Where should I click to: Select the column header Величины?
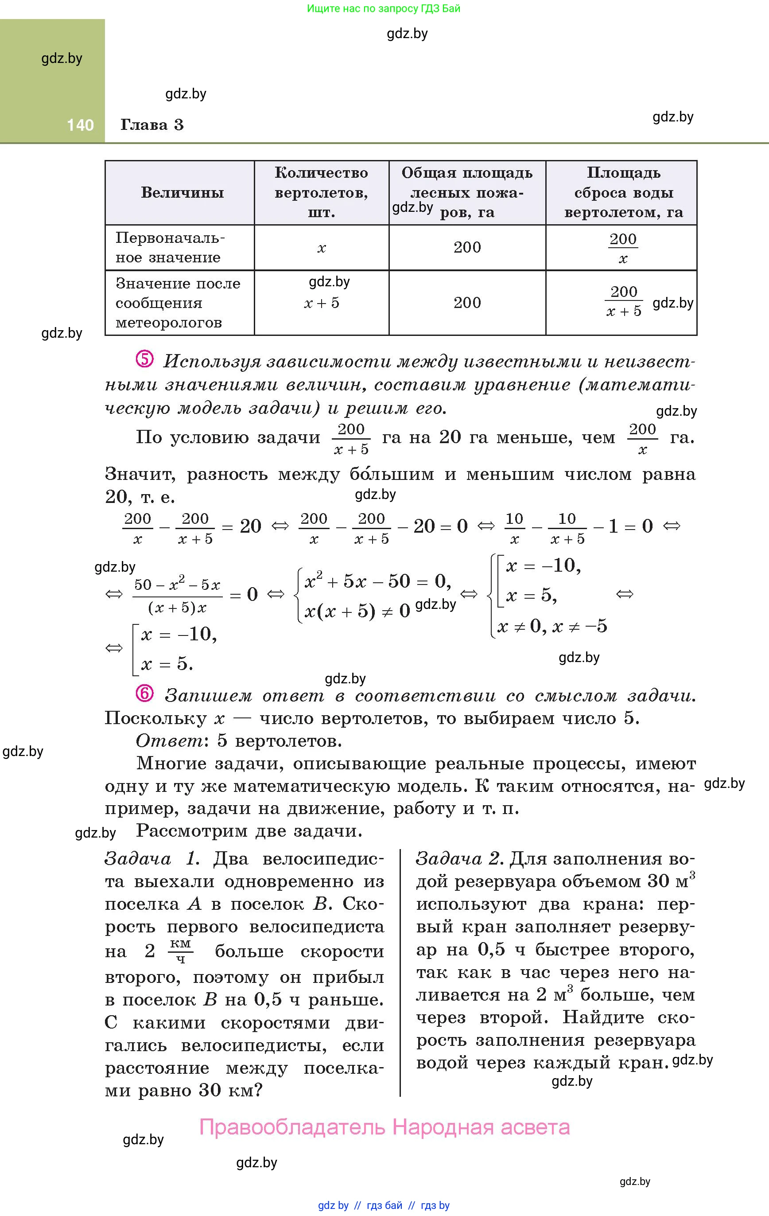182,192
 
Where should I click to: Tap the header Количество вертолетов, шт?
321,192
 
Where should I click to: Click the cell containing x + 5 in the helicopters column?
322,303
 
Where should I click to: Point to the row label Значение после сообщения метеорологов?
178,303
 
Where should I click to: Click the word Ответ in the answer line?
169,741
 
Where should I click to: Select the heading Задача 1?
152,858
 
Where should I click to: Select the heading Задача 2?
459,858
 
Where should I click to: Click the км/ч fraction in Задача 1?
180,951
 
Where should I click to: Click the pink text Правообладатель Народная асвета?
384,1126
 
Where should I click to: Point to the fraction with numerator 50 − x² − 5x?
177,595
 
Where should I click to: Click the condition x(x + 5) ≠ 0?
357,612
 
